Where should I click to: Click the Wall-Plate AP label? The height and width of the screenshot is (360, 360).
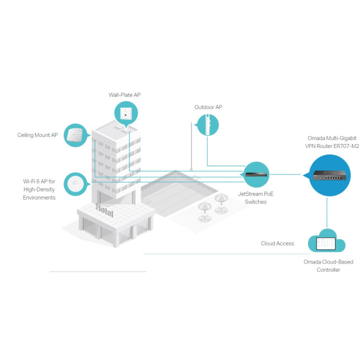click(124, 95)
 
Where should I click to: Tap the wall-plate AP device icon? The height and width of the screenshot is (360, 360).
click(126, 113)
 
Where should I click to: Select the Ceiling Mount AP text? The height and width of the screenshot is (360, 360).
click(37, 135)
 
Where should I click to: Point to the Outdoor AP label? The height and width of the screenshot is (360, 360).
click(208, 107)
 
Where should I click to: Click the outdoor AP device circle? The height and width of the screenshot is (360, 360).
click(207, 125)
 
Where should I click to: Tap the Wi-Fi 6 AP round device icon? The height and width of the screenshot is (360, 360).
click(75, 184)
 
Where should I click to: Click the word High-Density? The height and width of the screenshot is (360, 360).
click(39, 189)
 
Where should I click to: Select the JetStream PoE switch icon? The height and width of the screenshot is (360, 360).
click(256, 174)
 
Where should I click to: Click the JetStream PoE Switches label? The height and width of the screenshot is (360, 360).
click(255, 197)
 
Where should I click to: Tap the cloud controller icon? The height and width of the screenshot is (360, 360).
click(326, 241)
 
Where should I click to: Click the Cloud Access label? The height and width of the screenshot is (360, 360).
click(277, 243)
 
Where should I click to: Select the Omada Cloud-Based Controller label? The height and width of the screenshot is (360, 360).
click(328, 265)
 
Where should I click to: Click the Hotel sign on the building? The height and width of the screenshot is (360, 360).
click(104, 210)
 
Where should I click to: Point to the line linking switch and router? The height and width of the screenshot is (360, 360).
click(285, 174)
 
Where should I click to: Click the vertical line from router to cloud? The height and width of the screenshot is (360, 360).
click(326, 213)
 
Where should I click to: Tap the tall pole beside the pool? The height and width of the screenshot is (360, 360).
click(191, 146)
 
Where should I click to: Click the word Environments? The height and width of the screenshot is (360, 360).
click(39, 197)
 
